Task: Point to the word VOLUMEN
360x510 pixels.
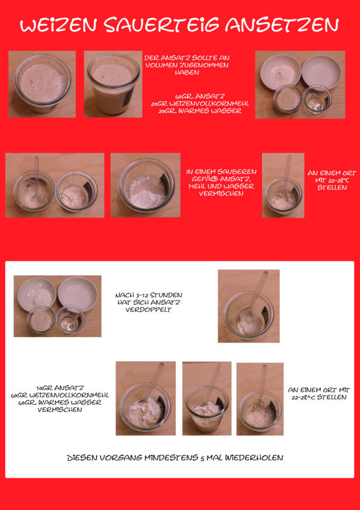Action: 159,65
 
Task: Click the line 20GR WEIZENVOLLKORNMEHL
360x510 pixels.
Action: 200,104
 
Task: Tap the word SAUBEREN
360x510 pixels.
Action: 236,172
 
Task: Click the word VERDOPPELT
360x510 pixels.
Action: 148,310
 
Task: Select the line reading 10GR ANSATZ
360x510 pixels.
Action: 60,388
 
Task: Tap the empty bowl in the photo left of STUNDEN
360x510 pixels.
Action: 78,293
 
